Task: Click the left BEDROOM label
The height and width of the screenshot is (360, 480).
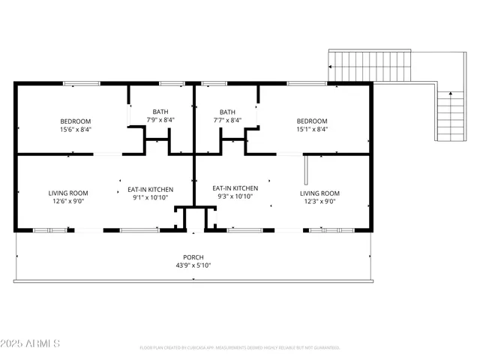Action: (x=76, y=121)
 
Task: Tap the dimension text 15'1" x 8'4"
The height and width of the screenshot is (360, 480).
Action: (x=311, y=129)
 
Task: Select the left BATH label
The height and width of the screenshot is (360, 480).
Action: (x=161, y=112)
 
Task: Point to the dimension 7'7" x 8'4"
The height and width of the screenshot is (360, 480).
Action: (x=227, y=119)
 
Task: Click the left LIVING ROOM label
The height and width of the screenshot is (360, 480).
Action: (x=69, y=193)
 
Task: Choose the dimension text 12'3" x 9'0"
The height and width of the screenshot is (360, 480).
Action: (x=319, y=200)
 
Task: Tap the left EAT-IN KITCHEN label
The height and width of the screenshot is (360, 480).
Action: (x=150, y=190)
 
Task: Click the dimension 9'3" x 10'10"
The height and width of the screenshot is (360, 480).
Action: (x=235, y=196)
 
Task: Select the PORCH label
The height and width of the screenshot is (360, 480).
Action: (x=194, y=257)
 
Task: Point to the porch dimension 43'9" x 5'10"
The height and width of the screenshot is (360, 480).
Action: (x=194, y=265)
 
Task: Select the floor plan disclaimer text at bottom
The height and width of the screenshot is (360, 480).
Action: (x=239, y=348)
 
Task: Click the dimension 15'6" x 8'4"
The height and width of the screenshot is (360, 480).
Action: (x=76, y=129)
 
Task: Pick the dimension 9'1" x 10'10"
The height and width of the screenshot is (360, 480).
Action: (x=150, y=198)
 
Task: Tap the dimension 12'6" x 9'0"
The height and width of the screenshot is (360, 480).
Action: (x=69, y=200)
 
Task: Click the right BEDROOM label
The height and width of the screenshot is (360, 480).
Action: (x=311, y=121)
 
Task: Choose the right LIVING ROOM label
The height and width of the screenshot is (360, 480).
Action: (x=319, y=193)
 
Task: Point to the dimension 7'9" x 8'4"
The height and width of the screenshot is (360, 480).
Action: (x=161, y=119)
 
